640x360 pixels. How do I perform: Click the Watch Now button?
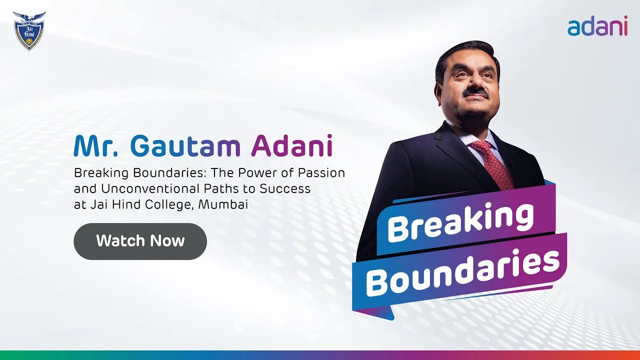tap(140, 241)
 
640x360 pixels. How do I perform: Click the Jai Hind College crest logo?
tap(29, 31)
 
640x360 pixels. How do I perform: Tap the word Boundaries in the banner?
tap(462, 271)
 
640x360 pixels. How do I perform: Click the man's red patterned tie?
tap(492, 160)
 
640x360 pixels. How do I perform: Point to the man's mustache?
tap(475, 93)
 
